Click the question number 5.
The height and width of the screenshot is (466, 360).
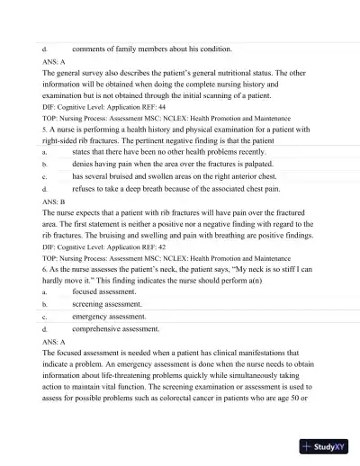45,130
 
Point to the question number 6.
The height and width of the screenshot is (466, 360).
45,268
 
